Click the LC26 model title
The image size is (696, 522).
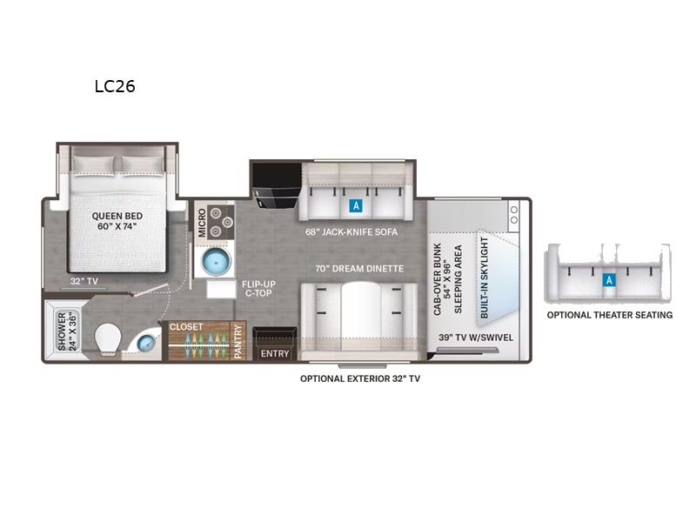[x=115, y=86]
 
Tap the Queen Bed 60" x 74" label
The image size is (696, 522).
[x=117, y=221]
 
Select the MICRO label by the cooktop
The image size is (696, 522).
[x=202, y=223]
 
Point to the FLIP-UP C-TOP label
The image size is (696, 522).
[x=258, y=289]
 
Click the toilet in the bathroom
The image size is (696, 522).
[x=108, y=339]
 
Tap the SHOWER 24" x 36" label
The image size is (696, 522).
[x=67, y=331]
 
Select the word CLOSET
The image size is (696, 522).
[x=186, y=327]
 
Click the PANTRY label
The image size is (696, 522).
[x=238, y=341]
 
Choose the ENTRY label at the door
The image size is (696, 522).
[x=275, y=353]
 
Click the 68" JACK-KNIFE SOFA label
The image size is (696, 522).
[x=351, y=231]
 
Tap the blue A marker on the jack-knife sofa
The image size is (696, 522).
[x=356, y=205]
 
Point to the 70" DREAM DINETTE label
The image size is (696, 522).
[x=359, y=269]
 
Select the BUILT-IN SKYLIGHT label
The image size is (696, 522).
[x=485, y=277]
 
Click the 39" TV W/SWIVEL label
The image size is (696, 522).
[x=476, y=338]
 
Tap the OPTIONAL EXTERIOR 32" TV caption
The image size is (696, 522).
[x=360, y=378]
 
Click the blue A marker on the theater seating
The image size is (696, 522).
[x=609, y=280]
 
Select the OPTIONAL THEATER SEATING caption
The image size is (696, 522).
[x=610, y=315]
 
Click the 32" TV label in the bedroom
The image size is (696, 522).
[x=84, y=281]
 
